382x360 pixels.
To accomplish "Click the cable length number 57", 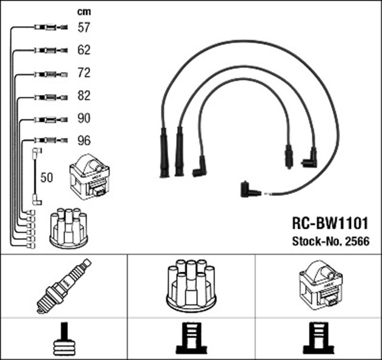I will point(84,27).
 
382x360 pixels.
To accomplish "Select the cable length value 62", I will point(84,50).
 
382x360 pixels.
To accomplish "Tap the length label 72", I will point(84,73).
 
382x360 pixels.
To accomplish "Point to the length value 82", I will point(84,96).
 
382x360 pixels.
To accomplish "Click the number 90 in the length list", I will point(84,118).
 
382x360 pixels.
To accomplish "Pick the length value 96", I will point(84,141).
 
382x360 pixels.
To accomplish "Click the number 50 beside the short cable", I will point(47,178).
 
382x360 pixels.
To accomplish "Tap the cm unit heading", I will point(84,10).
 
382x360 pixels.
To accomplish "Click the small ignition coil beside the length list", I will point(90,176).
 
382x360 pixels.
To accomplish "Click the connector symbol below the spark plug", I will point(63,339).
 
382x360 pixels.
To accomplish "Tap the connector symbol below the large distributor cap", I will point(190,339).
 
